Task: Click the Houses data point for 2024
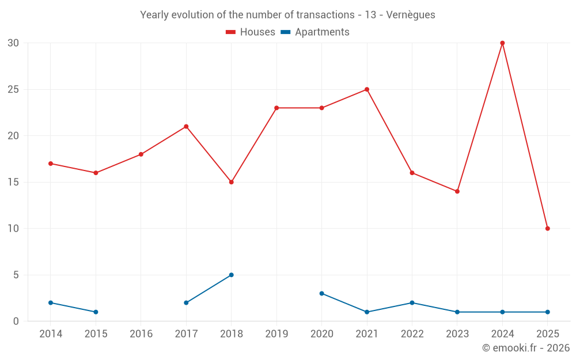tap(502, 43)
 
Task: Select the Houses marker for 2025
tap(547, 229)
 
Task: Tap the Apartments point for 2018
tap(231, 275)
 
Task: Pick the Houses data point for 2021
tap(366, 89)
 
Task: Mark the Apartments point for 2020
tap(321, 293)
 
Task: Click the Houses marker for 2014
tap(51, 164)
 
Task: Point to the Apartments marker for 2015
tap(96, 312)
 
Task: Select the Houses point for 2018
tap(231, 182)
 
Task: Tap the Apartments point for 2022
tap(412, 303)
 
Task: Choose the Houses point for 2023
tap(457, 191)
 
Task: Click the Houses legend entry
tap(251, 32)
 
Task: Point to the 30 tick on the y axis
tap(13, 43)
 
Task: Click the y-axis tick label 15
tap(13, 182)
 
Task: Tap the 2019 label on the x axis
tap(276, 334)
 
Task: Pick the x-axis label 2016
tap(141, 334)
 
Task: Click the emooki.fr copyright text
tap(525, 348)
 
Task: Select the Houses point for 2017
tap(186, 126)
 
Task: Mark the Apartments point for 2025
tap(547, 312)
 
